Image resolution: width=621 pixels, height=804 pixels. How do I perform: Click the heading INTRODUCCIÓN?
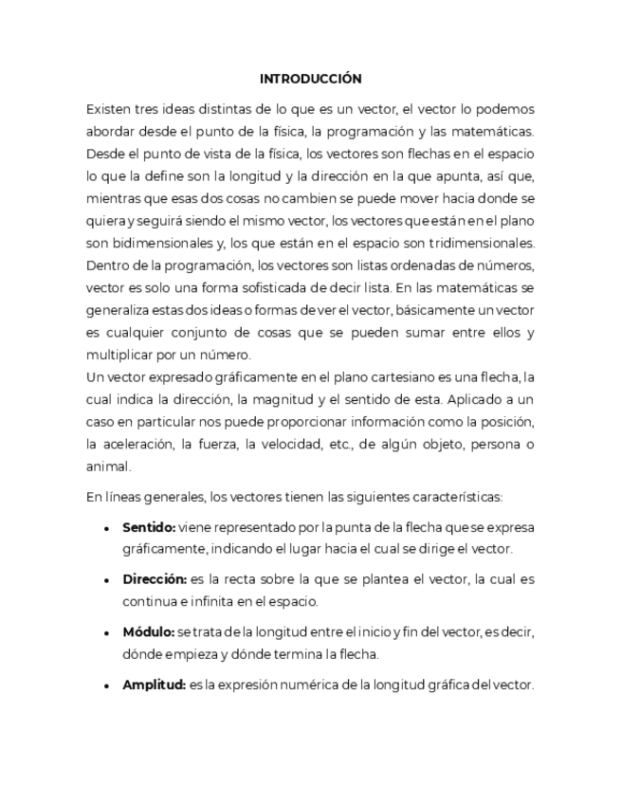pyautogui.click(x=310, y=79)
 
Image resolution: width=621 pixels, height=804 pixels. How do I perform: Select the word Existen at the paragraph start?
pyautogui.click(x=108, y=108)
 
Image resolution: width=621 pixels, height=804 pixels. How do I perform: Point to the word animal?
pyautogui.click(x=107, y=466)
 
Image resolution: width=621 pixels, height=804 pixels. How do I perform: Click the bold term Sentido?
pyautogui.click(x=148, y=526)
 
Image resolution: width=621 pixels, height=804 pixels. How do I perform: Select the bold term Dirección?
pyautogui.click(x=154, y=578)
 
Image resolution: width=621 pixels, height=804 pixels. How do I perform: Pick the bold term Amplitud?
pyautogui.click(x=153, y=685)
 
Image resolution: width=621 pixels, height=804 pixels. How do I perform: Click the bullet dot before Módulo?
pyautogui.click(x=106, y=632)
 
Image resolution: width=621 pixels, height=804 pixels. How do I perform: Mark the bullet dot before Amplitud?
pyautogui.click(x=106, y=685)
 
